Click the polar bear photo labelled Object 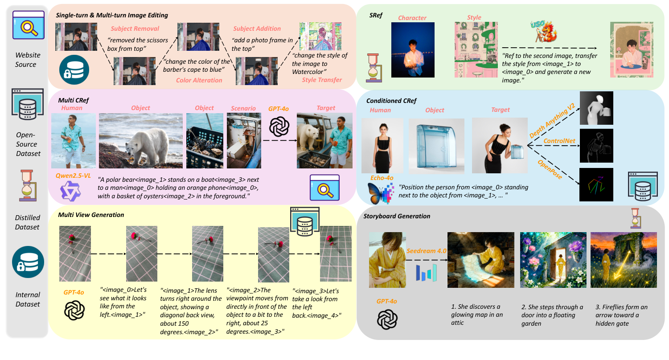(140, 140)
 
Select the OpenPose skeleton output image (596, 184)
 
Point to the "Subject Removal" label (135, 29)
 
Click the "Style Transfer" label (321, 80)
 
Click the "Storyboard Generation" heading (397, 216)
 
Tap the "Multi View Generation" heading (91, 215)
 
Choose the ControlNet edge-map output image (596, 146)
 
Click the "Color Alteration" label (199, 80)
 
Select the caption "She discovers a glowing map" (476, 315)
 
